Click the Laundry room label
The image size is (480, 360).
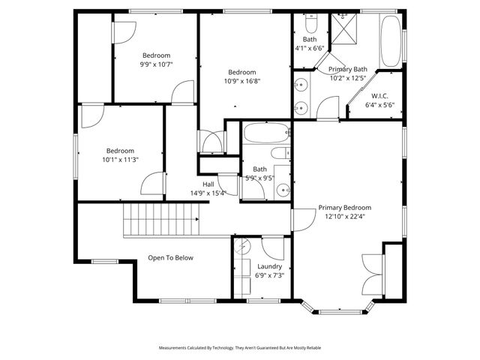[269, 266]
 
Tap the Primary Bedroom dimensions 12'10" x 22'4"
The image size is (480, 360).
[344, 217]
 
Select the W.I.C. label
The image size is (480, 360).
[379, 96]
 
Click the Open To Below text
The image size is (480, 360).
[170, 258]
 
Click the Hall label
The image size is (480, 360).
[209, 184]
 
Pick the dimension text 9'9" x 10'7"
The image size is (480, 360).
[157, 64]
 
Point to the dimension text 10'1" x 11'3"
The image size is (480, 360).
[120, 159]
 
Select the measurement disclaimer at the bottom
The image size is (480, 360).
[239, 348]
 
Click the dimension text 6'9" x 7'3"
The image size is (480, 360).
[269, 275]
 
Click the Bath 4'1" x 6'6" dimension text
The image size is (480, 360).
[309, 48]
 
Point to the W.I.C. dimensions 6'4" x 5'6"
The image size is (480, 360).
[379, 105]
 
